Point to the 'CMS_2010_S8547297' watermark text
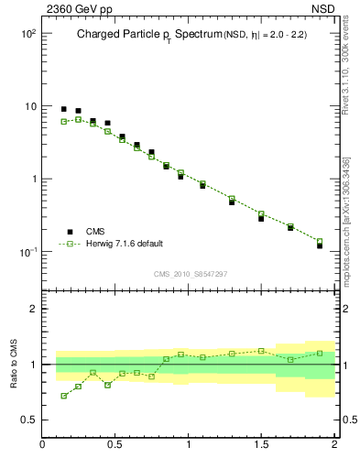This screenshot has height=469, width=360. pyautogui.click(x=190, y=274)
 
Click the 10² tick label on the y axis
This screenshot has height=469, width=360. pyautogui.click(x=27, y=34)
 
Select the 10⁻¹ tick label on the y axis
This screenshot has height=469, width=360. pyautogui.click(x=27, y=252)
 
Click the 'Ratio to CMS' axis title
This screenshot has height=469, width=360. pyautogui.click(x=14, y=365)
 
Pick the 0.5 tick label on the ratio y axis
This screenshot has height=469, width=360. pyautogui.click(x=27, y=420)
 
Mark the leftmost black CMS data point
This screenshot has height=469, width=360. pyautogui.click(x=63, y=109)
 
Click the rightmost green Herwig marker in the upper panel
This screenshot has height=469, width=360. pyautogui.click(x=320, y=241)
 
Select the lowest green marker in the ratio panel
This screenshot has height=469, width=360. pyautogui.click(x=63, y=396)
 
